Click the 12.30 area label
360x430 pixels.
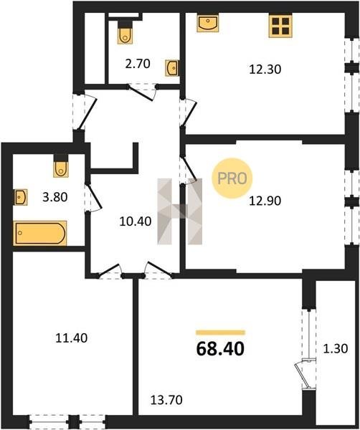(265, 69)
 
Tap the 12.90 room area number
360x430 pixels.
(265, 201)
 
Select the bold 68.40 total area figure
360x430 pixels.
(220, 349)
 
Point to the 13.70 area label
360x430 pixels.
(166, 400)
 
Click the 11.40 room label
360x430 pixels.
(71, 338)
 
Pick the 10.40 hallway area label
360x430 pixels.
(136, 221)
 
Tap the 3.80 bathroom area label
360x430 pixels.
(55, 197)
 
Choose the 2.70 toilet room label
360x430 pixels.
(138, 64)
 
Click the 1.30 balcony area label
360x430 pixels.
(336, 349)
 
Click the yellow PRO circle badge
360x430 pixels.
(232, 178)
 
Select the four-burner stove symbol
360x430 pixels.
(280, 26)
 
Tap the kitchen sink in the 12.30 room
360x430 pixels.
(208, 24)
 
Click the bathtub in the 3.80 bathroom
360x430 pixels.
(39, 233)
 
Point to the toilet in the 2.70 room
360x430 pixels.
(125, 32)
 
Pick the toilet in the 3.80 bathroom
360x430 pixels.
(61, 166)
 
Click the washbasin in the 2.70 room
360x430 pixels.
(172, 68)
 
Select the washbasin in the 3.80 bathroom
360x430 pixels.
(21, 197)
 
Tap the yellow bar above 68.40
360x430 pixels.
(220, 333)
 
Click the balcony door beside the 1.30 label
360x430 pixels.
(305, 374)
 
